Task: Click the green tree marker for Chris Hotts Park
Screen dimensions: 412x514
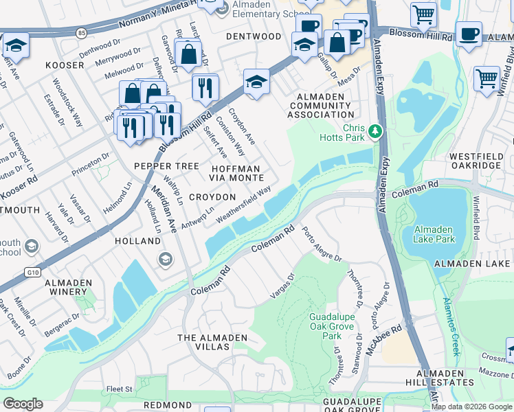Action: [x=375, y=130]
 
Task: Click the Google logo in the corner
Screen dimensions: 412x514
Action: [x=22, y=404]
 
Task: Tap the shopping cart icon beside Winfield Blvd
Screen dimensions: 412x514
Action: [x=487, y=78]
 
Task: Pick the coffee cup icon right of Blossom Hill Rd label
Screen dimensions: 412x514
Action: [x=469, y=34]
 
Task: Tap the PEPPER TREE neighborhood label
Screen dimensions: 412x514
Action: [x=166, y=166]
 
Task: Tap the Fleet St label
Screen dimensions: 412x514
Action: [x=119, y=389]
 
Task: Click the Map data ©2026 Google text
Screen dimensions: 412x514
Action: [x=471, y=407]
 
